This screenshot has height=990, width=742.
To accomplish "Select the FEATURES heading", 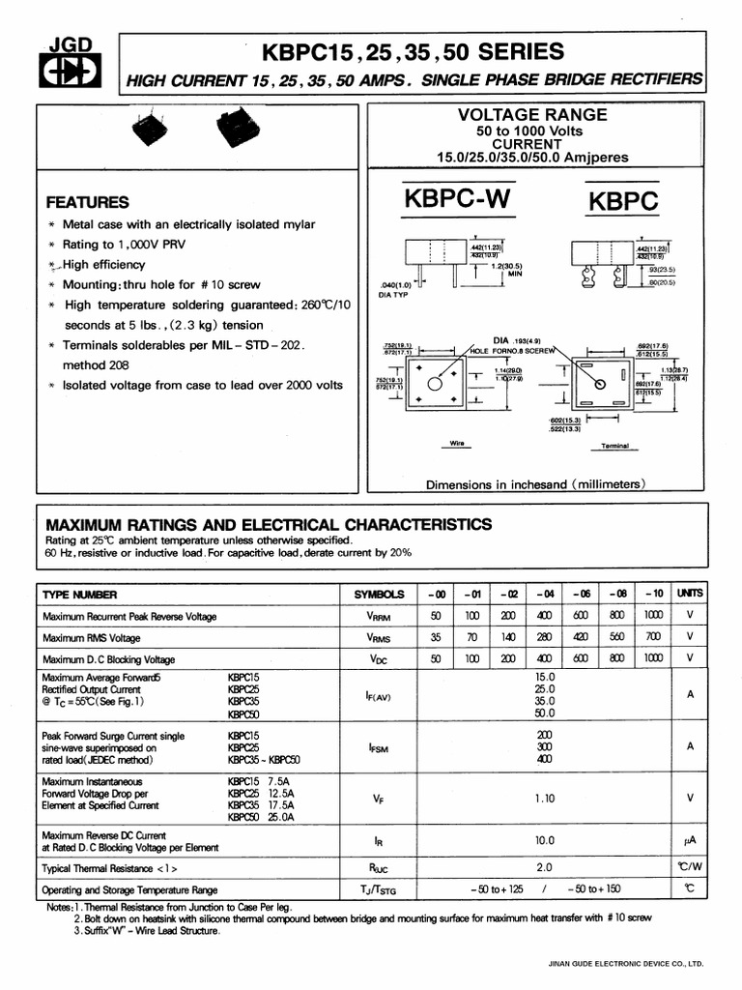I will pos(87,202).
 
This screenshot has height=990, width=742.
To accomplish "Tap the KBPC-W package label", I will pos(457,199).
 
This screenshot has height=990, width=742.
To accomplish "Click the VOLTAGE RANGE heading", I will pos(532,115).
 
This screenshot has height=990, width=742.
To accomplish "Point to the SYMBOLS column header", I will pos(379,594).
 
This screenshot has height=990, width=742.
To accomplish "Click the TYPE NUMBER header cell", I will pos(80,594).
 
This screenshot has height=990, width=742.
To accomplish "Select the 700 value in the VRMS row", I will pos(654,637).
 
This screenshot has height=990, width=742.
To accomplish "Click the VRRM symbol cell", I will pos(379,616).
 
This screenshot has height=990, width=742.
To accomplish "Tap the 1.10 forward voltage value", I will pos(545,799).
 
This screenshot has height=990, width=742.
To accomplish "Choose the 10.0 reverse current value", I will pos(545,841).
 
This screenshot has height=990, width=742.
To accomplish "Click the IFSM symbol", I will pos(379,747).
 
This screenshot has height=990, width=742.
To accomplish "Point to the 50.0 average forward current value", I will pos(545,713).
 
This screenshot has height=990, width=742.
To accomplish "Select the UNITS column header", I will pos(690,594).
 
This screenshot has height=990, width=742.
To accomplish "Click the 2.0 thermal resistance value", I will pos(545,868).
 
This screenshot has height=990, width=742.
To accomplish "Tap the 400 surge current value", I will pos(545,759).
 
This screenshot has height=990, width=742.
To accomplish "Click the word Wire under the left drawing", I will pos(458,443).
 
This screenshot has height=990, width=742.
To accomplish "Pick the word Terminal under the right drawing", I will pos(615,446).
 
